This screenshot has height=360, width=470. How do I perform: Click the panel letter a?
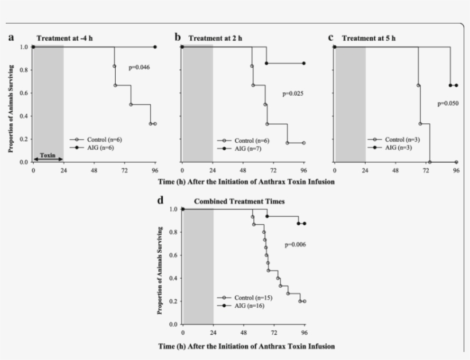pyautogui.click(x=11, y=38)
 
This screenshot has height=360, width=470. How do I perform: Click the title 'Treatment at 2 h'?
pyautogui.click(x=215, y=38)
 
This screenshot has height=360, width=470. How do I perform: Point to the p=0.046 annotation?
pyautogui.click(x=139, y=68)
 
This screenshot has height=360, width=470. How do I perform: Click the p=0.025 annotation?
pyautogui.click(x=292, y=93)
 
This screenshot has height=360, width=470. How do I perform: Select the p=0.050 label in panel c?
pyautogui.click(x=448, y=104)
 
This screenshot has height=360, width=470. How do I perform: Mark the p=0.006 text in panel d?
pyautogui.click(x=296, y=245)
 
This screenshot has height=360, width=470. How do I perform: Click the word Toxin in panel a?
pyautogui.click(x=48, y=155)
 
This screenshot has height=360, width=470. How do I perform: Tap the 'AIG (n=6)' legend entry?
pyautogui.click(x=99, y=147)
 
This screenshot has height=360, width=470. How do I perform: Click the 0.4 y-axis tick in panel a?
pyautogui.click(x=24, y=116)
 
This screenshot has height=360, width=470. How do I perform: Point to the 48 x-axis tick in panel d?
pyautogui.click(x=244, y=333)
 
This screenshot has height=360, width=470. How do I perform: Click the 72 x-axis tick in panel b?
pyautogui.click(x=273, y=171)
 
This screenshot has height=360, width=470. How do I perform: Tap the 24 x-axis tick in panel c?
pyautogui.click(x=365, y=171)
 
